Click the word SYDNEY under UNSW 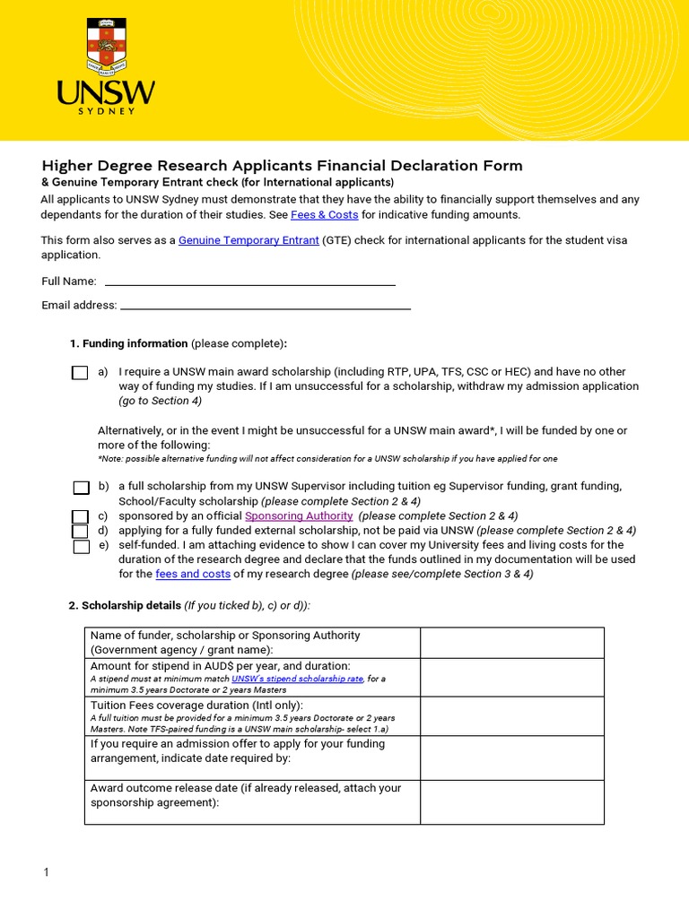point(106,111)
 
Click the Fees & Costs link point(324,215)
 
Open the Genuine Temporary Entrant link point(249,240)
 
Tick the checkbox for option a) point(81,373)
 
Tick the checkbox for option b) point(81,488)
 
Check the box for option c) point(81,516)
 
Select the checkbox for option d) point(81,531)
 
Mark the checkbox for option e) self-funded point(81,546)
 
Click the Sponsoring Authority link point(299,516)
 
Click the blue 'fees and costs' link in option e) point(193,574)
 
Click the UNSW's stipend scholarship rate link point(297,680)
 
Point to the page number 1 point(45,872)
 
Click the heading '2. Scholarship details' point(126,606)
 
